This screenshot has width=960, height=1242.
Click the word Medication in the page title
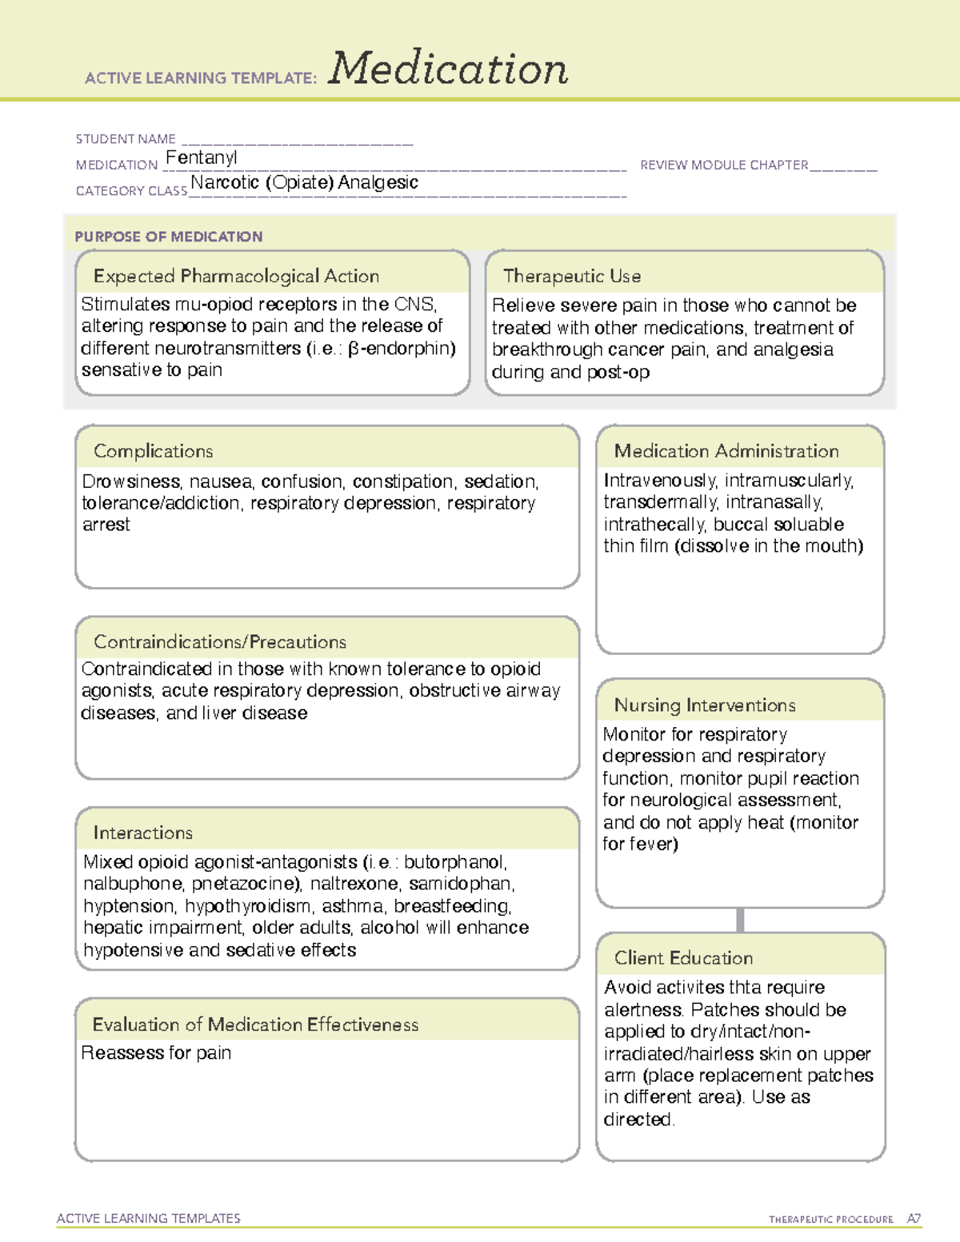pyautogui.click(x=448, y=69)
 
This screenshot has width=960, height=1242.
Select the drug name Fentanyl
pyautogui.click(x=201, y=158)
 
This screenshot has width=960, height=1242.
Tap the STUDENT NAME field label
pyautogui.click(x=126, y=139)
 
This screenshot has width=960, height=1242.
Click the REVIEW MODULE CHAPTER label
pyautogui.click(x=724, y=165)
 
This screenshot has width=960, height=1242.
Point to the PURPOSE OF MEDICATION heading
pyautogui.click(x=169, y=237)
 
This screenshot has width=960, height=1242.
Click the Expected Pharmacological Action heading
pyautogui.click(x=236, y=276)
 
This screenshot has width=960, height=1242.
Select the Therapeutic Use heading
pyautogui.click(x=572, y=276)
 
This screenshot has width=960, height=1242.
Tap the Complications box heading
pyautogui.click(x=154, y=451)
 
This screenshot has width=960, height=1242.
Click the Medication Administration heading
pyautogui.click(x=726, y=451)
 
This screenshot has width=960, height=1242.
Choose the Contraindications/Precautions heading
pyautogui.click(x=220, y=641)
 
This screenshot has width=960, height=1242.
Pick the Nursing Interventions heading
pyautogui.click(x=705, y=705)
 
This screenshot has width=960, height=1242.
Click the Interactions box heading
pyautogui.click(x=143, y=833)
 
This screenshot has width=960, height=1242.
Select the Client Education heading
pyautogui.click(x=683, y=957)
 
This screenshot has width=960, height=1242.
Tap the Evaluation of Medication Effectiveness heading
pyautogui.click(x=255, y=1024)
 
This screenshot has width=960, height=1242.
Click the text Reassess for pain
pyautogui.click(x=156, y=1052)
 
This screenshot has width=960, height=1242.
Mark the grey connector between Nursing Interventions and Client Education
pyautogui.click(x=740, y=920)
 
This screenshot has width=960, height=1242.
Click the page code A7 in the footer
pyautogui.click(x=914, y=1219)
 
